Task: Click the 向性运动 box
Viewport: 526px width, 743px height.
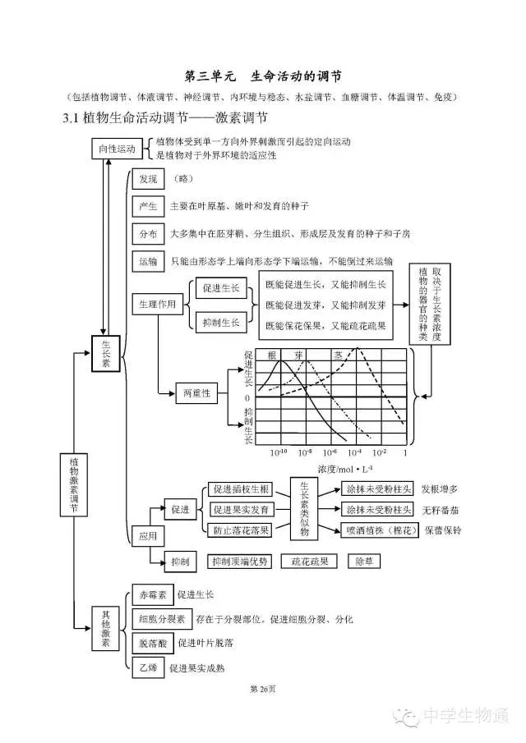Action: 117,149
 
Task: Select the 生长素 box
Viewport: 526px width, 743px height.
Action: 106,354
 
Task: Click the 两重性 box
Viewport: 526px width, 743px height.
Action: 196,394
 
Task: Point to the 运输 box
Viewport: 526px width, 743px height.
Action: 148,261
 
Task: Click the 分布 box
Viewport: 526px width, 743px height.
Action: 148,233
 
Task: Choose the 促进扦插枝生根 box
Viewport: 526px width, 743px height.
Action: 239,489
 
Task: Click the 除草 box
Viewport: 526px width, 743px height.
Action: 365,562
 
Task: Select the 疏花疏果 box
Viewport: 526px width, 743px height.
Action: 310,562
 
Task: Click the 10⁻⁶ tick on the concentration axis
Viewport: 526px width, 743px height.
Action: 330,452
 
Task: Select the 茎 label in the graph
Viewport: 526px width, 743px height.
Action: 338,355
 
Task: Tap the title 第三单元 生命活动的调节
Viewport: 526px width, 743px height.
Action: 261,76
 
